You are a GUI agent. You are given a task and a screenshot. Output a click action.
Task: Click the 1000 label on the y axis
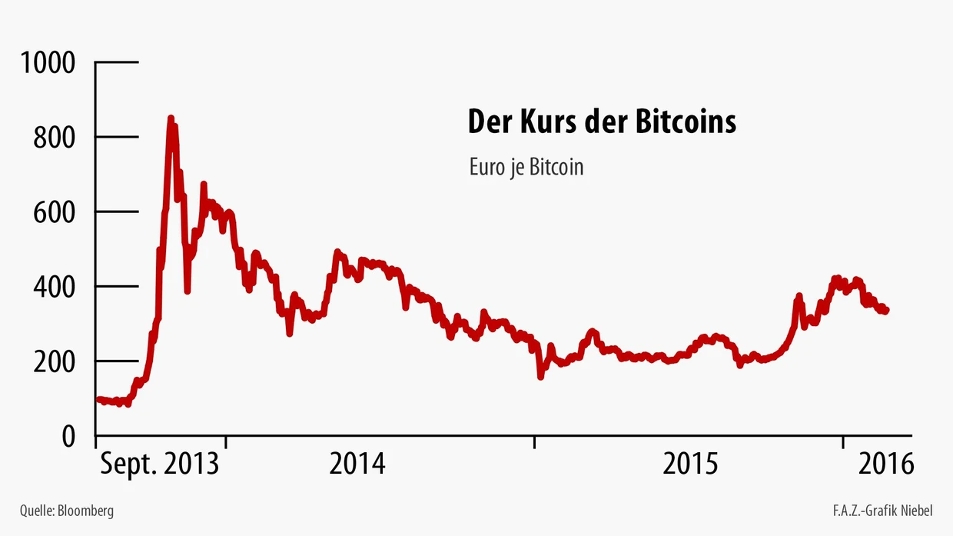click(x=48, y=63)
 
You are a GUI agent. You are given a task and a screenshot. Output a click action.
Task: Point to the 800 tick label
click(x=55, y=138)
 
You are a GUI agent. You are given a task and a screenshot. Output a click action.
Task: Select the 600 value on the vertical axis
click(x=55, y=212)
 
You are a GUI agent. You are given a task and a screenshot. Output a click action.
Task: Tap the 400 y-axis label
click(x=55, y=287)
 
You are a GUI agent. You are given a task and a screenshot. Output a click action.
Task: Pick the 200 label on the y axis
click(x=55, y=361)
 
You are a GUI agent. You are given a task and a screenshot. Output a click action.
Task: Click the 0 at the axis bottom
click(x=68, y=436)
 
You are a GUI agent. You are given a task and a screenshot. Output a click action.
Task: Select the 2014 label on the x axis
click(x=357, y=464)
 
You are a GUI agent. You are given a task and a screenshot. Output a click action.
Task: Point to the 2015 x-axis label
click(x=690, y=464)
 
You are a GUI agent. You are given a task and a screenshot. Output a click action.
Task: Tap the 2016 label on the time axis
click(x=885, y=464)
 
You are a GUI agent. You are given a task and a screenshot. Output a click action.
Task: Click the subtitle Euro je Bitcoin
click(x=526, y=167)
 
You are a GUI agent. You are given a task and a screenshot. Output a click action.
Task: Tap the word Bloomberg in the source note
click(x=85, y=511)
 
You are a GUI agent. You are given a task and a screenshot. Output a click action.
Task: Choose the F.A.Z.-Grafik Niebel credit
click(x=882, y=511)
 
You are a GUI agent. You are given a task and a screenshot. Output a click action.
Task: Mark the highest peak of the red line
click(x=171, y=118)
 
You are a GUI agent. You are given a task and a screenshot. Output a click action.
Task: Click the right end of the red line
click(x=887, y=310)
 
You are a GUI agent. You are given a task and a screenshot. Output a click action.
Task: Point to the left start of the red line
click(x=98, y=399)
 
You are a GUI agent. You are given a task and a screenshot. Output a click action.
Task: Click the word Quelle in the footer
click(x=36, y=511)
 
